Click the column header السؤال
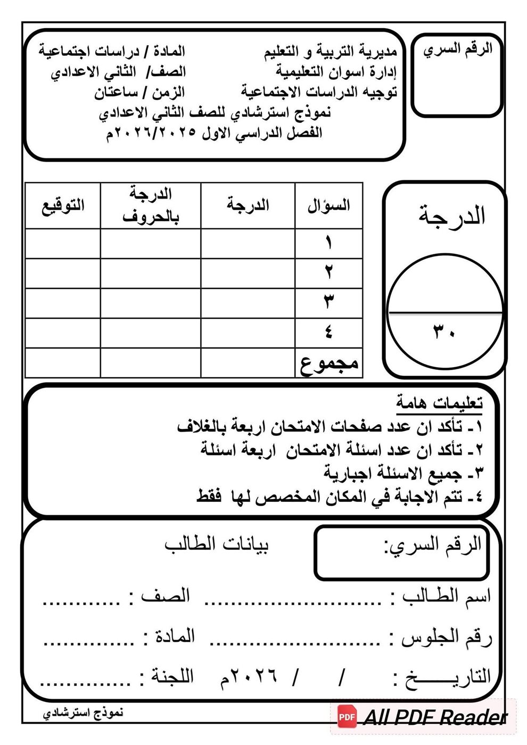coord(328,205)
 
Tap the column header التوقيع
coord(63,205)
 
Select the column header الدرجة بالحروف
coord(151,205)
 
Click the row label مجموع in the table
coord(329,363)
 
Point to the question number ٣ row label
coord(329,303)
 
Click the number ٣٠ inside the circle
coord(443,334)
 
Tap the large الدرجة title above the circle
coord(451,216)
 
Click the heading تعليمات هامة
coord(439,403)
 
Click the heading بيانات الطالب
coord(217,544)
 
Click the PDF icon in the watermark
coord(347,717)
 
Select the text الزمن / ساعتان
coord(139,92)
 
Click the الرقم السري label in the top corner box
coord(458,49)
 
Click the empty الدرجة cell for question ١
coord(248,244)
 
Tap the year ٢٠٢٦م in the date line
coord(249,677)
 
